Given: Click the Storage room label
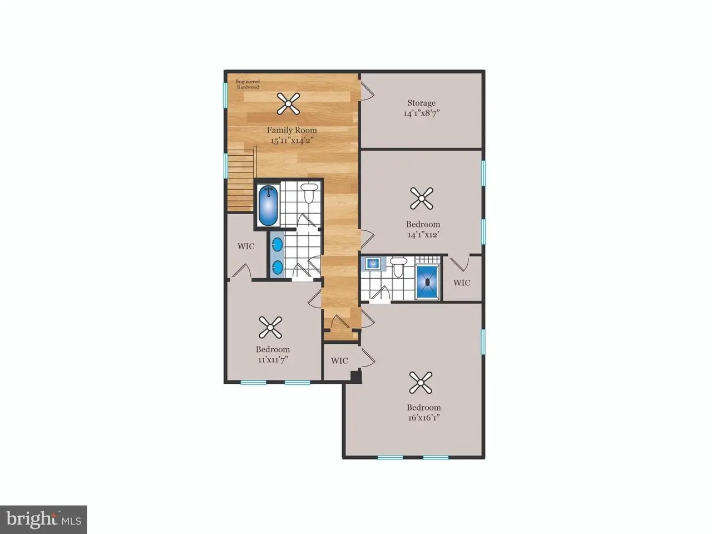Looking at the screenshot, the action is tap(422, 103).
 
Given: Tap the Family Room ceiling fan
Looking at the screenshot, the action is tap(288, 103).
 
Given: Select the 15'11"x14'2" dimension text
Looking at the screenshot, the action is tap(292, 141).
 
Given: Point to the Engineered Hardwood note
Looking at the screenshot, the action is tap(248, 85).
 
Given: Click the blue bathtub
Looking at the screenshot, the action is tap(269, 206).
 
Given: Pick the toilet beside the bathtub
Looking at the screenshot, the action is tap(309, 193).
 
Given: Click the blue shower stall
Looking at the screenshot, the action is tap(428, 282).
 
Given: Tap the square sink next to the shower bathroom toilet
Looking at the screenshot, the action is tap(372, 264).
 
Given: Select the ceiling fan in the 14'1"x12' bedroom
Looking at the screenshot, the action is tap(422, 199).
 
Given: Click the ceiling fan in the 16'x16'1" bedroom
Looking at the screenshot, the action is tap(421, 383).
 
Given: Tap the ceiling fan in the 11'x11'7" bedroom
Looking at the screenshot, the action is tap(270, 328).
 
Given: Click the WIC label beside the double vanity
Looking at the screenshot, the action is tap(246, 246).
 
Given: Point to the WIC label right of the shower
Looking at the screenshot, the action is tap(462, 283).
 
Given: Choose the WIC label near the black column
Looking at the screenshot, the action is tap(339, 360).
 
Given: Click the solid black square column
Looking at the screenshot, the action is tap(357, 377).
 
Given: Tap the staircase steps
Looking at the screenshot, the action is tap(240, 183).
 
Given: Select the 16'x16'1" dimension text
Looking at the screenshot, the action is tap(424, 418).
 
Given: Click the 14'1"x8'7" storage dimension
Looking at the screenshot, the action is tap(422, 113).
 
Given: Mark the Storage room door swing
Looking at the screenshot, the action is tap(368, 91).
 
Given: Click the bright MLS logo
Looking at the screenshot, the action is tap(43, 520).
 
